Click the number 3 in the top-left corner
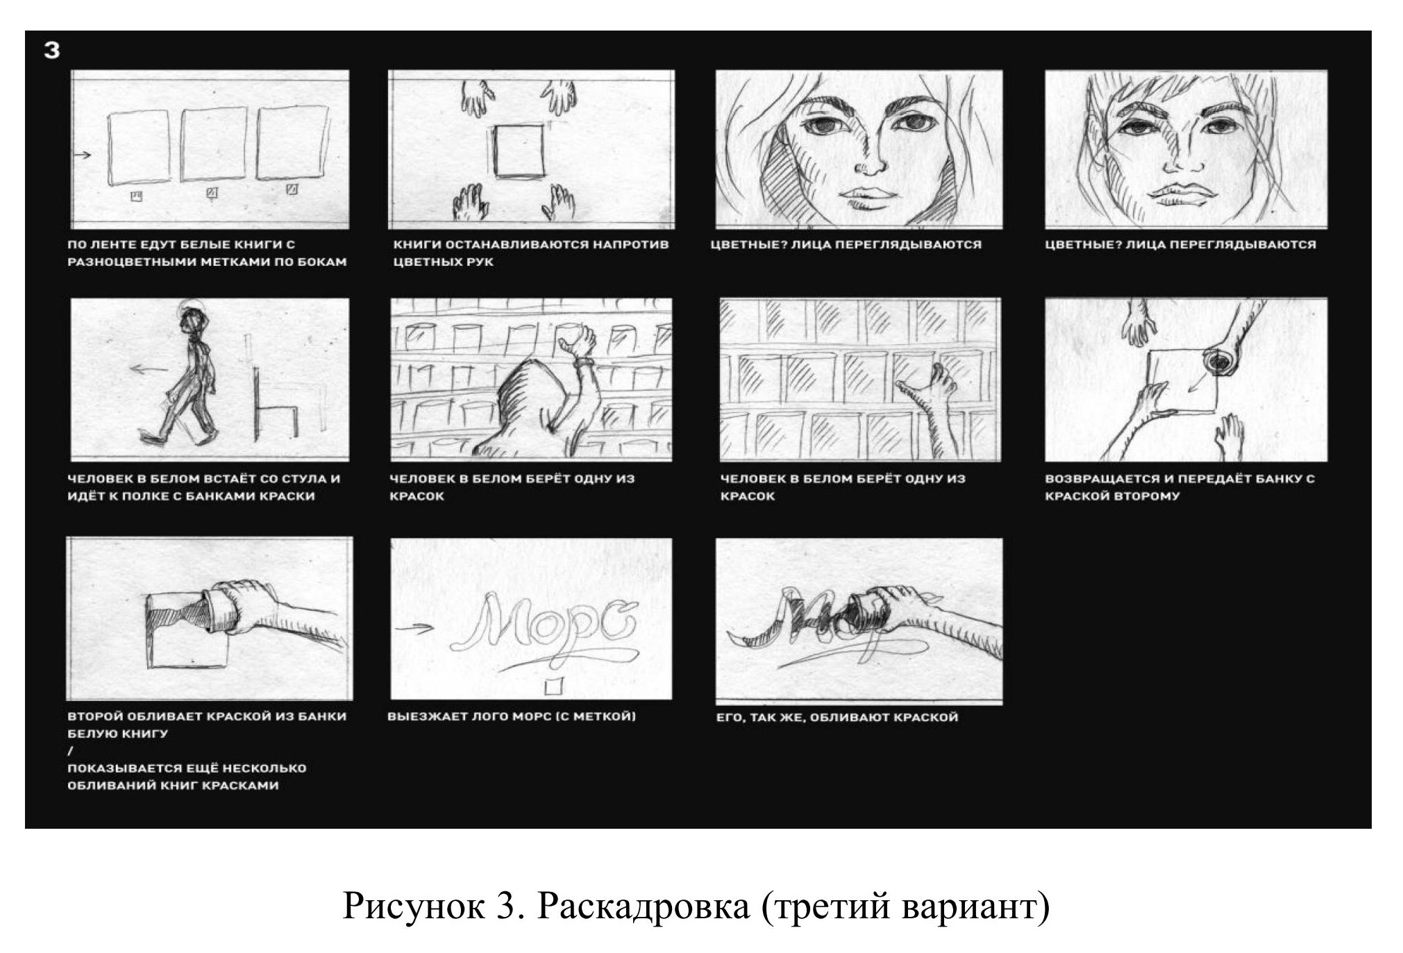point(51,50)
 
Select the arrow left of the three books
point(83,155)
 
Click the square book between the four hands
point(518,151)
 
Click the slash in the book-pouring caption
point(70,750)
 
